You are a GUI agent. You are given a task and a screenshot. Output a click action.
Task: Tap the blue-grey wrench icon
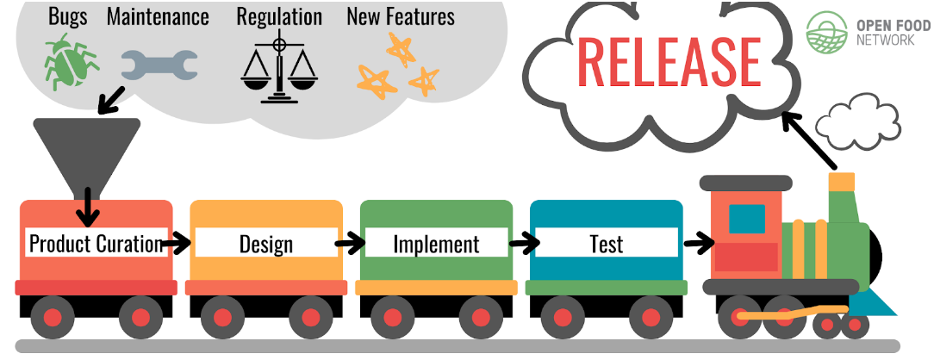coord(159,63)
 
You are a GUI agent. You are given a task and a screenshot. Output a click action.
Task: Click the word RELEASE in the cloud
coord(669,59)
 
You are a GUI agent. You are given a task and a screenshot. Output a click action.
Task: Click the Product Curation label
coord(96,244)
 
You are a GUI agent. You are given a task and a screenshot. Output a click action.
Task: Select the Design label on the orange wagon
coord(265,244)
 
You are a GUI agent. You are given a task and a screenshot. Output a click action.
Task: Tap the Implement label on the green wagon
coord(436,244)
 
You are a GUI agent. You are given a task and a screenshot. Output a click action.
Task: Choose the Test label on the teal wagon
coord(606,244)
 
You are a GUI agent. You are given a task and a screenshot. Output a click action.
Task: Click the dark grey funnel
coord(86,151)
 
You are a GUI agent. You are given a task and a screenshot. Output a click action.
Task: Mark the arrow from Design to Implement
coord(350,244)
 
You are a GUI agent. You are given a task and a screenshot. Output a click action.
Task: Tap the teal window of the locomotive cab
coord(747,219)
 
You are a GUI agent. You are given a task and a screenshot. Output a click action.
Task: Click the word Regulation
coord(277,16)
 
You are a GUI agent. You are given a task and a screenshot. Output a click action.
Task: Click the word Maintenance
coord(158,16)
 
